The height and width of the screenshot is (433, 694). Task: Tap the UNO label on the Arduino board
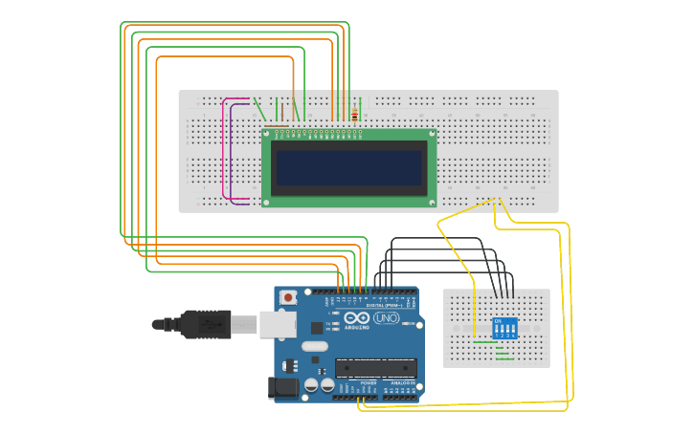click(x=386, y=317)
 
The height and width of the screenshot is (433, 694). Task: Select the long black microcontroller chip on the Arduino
click(x=375, y=368)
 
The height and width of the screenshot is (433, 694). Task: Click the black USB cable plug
click(x=206, y=324)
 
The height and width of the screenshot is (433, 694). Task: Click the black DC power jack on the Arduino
click(x=284, y=387)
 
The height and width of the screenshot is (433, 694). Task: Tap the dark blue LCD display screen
click(x=348, y=167)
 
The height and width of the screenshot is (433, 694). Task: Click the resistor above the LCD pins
click(x=355, y=116)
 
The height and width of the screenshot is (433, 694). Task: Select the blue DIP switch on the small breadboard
click(x=504, y=328)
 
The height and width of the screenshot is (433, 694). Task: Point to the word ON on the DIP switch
click(x=497, y=320)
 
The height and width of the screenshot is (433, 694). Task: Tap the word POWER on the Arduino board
click(x=369, y=383)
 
